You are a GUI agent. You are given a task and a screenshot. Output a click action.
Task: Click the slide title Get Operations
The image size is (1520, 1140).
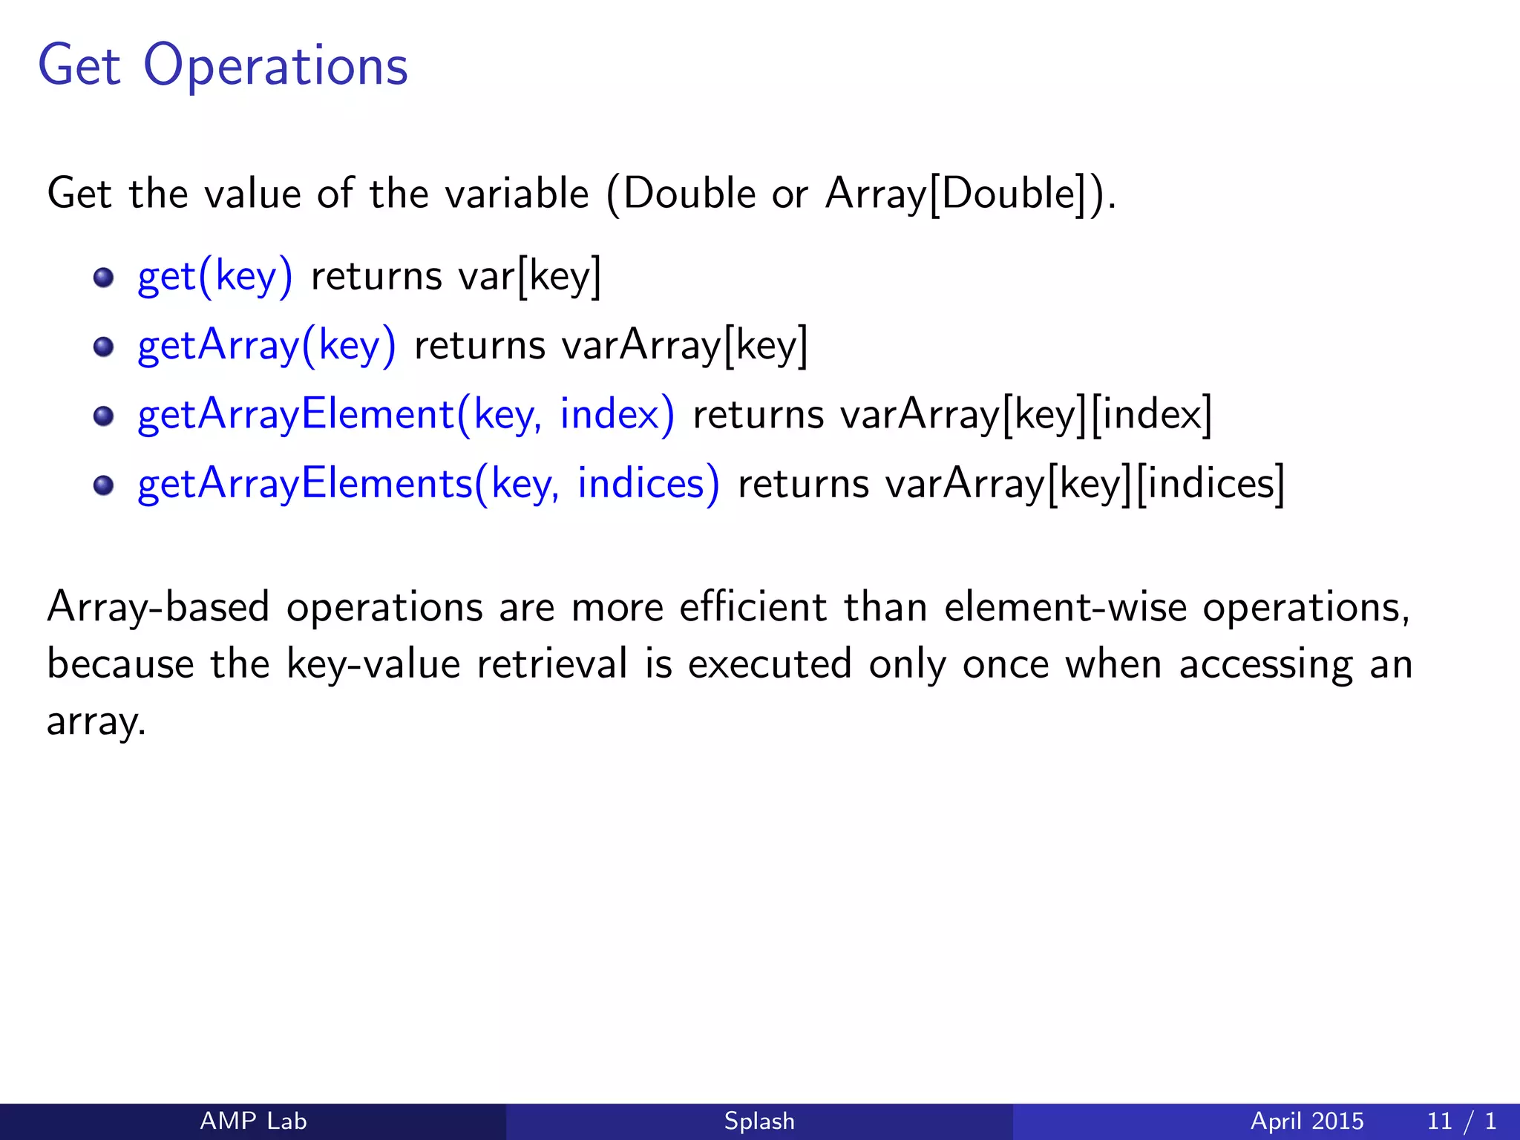tap(223, 65)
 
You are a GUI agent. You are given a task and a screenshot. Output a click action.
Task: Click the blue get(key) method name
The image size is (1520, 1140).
tap(215, 276)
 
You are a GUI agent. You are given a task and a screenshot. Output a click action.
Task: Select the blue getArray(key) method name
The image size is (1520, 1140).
tap(267, 346)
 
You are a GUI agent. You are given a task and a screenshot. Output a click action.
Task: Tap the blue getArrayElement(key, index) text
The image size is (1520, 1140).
tap(406, 414)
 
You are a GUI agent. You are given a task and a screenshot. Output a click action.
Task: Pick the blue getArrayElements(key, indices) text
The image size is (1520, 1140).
tap(428, 484)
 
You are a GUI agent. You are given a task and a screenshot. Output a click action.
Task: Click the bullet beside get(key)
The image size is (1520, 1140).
tap(103, 278)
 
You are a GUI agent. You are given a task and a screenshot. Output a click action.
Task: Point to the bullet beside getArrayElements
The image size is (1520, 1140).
tap(103, 485)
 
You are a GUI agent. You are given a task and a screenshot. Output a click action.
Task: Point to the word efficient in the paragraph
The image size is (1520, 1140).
tap(753, 607)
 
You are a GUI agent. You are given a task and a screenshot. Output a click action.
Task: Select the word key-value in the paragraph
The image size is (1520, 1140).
tap(373, 664)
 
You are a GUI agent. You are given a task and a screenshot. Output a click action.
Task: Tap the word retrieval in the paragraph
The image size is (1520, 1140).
tap(552, 664)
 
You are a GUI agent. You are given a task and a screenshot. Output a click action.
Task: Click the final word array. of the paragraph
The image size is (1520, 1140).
tap(96, 721)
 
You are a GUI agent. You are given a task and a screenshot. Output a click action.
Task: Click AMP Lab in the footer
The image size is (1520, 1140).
tap(253, 1121)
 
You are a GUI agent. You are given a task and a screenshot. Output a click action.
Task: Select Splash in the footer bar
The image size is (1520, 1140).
tap(759, 1121)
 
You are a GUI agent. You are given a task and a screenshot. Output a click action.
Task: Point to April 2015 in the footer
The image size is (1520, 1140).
tap(1307, 1121)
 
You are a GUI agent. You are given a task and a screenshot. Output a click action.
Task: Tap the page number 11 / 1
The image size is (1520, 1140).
tap(1461, 1121)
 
